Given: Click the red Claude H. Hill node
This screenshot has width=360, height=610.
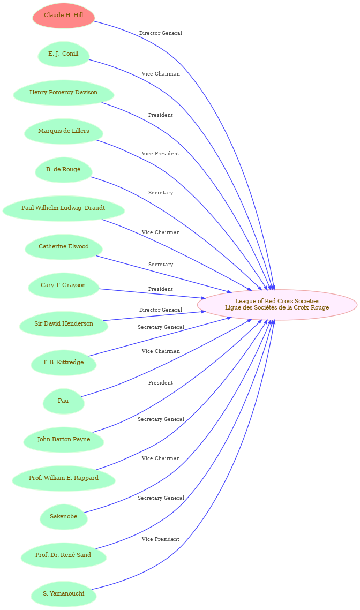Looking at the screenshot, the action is click(63, 16).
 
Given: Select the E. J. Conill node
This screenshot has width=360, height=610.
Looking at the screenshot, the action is click(63, 54).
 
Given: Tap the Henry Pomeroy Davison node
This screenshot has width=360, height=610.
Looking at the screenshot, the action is click(63, 93).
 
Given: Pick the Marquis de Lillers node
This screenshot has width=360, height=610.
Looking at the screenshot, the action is click(63, 131).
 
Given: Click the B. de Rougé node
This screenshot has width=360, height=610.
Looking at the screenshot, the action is click(63, 170).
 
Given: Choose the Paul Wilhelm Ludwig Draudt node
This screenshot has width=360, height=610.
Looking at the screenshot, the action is click(63, 208).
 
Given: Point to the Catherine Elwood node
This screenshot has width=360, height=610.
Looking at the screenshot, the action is click(63, 247).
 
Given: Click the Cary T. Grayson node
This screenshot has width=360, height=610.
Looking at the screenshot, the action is click(63, 285).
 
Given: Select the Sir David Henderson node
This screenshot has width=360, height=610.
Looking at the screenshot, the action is click(63, 323).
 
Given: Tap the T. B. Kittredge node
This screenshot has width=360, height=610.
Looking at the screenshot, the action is click(63, 362).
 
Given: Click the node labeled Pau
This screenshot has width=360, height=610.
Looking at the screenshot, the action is click(63, 401).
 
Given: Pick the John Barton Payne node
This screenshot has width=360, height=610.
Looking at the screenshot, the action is click(63, 439).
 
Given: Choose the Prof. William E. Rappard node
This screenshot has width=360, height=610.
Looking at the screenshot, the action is click(63, 478).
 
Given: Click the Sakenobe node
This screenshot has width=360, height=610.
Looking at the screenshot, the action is click(63, 516).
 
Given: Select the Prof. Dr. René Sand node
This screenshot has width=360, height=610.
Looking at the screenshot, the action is click(63, 555).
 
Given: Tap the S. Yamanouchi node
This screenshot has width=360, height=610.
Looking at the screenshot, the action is click(63, 593).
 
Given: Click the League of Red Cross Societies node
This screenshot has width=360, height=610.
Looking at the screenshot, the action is click(277, 305).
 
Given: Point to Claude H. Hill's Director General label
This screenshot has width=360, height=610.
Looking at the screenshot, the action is click(161, 33).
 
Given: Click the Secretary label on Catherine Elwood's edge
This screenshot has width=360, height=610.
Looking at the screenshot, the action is click(161, 265).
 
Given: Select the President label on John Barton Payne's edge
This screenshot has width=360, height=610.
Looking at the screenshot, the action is click(161, 383).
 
